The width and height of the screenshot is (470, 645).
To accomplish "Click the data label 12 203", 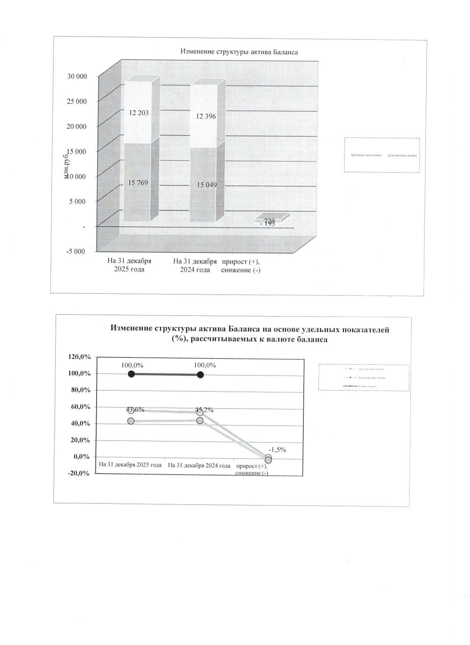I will tap(139, 113).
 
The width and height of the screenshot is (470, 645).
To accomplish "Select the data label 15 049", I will tap(207, 185).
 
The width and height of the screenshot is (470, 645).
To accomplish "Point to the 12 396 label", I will tap(206, 116).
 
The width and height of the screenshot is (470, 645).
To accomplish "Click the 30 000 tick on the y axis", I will tap(77, 76).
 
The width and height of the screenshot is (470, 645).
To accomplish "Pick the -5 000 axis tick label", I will tap(76, 251).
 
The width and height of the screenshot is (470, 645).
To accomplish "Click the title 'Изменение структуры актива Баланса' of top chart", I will tap(239, 52).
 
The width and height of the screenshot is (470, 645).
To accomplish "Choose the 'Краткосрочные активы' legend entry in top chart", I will tap(366, 155).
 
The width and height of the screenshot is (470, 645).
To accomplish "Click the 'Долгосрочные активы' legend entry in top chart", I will tap(402, 155).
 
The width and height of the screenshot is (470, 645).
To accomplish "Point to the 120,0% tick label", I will tap(79, 357).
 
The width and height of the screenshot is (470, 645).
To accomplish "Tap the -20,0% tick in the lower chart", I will tap(78, 473).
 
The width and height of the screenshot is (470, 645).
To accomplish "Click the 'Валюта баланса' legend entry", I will tap(368, 386).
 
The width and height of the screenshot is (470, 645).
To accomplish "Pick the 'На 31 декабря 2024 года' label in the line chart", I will tap(199, 465).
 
